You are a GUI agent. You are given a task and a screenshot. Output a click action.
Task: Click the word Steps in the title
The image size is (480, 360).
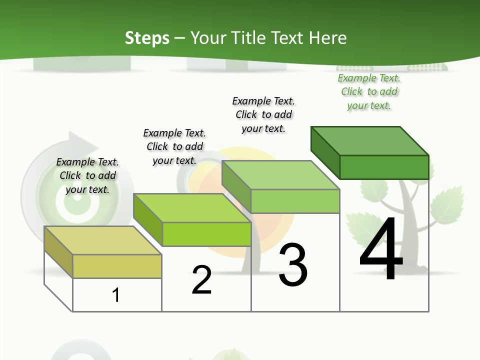147,38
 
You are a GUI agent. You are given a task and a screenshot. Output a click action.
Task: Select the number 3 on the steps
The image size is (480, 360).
293,265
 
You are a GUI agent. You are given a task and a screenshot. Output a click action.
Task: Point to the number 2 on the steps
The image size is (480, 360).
201,280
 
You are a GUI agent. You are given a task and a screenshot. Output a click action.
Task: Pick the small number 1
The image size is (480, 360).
116,295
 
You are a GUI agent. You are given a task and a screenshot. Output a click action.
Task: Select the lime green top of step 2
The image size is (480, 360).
192,208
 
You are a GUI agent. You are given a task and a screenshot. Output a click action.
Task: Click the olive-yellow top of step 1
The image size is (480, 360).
103,240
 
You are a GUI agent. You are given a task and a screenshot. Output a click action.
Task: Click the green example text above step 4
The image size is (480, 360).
369,92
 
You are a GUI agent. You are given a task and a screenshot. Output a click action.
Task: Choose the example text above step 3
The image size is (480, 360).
263,114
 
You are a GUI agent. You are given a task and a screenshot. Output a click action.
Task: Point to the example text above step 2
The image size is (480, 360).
174,146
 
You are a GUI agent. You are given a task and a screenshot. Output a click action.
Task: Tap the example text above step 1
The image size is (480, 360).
87,175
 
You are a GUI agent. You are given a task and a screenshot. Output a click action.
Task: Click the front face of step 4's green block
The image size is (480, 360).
384,167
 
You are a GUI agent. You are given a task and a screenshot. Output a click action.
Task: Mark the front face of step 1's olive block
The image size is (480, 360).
117,266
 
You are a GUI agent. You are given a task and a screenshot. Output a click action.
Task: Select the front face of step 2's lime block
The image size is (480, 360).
206,234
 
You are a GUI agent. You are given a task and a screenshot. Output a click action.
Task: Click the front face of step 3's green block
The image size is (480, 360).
295,201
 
